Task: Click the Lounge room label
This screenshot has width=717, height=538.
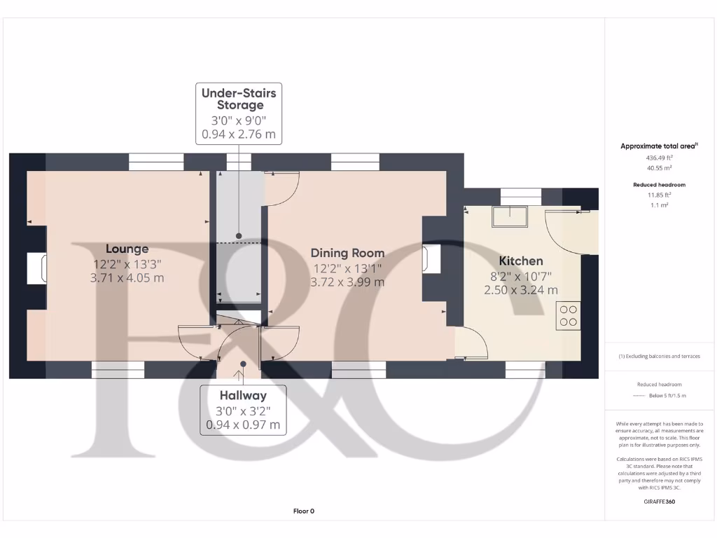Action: pos(127,249)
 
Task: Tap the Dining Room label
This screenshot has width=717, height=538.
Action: pos(347,253)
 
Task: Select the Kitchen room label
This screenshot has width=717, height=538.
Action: pos(521,261)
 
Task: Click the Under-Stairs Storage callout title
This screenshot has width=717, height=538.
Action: pos(238,99)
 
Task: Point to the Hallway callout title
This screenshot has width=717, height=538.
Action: pos(242,395)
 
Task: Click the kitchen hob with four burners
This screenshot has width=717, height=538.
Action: pos(568,315)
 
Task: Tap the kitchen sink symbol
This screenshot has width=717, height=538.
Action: pos(510,217)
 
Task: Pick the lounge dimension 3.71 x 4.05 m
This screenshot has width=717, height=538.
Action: pos(127,278)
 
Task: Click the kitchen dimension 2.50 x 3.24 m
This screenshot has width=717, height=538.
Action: pos(521,289)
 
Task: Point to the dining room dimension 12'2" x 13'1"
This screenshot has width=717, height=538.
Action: pos(347,268)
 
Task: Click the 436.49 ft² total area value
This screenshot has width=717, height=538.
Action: pos(658,158)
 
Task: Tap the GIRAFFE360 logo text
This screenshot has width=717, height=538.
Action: pos(658,502)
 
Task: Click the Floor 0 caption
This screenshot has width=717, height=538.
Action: pos(303,511)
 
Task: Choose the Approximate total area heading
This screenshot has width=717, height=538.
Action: pos(658,146)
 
